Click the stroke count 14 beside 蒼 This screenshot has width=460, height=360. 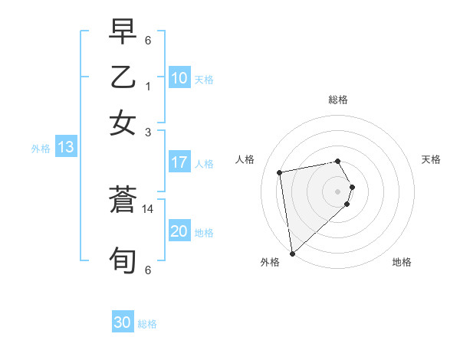[149, 208]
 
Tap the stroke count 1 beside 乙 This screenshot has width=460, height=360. [147, 86]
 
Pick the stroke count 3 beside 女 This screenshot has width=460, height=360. [147, 132]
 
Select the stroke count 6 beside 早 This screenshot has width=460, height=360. [147, 39]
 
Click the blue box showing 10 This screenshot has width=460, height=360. [179, 78]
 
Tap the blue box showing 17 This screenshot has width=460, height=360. [179, 162]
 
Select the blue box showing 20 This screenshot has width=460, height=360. [179, 231]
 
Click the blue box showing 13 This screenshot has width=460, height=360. [65, 147]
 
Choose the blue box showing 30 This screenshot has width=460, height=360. [123, 322]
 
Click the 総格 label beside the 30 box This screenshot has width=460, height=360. [147, 324]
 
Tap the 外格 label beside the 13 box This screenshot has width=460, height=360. [41, 149]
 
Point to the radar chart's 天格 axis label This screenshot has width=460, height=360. [431, 159]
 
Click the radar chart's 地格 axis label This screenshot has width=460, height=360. [402, 262]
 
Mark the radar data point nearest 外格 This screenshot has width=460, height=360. [292, 253]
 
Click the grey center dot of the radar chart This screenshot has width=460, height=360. [338, 191]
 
